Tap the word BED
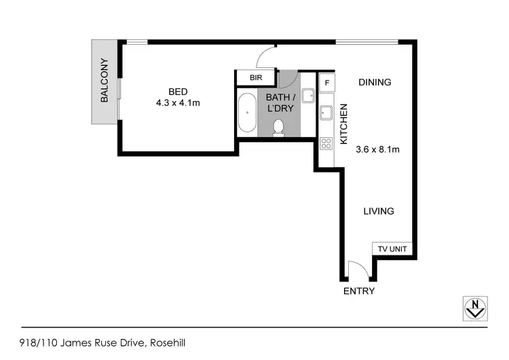click(178, 92)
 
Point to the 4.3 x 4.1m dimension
click(178, 103)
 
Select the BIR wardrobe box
click(256, 77)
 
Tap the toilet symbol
click(278, 128)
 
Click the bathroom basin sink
click(307, 96)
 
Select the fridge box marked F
click(327, 83)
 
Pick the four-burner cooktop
click(326, 143)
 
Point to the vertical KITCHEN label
click(343, 124)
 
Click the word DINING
click(375, 82)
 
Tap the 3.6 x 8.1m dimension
click(377, 150)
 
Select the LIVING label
click(378, 211)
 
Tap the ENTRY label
click(359, 291)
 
